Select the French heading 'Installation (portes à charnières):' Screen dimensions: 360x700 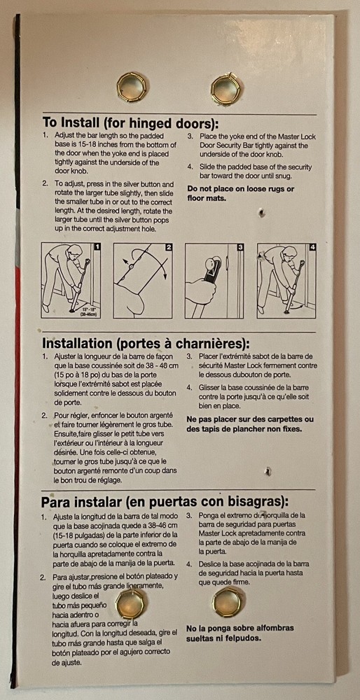tap(146, 344)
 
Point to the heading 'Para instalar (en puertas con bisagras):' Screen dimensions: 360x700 tap(165, 502)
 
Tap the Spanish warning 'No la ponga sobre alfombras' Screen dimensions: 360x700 tap(240, 628)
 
